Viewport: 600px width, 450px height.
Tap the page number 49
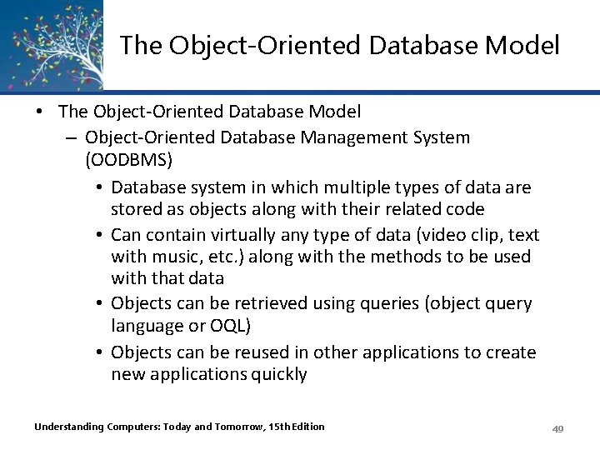pos(558,428)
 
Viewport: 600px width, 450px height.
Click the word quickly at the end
pos(277,374)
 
